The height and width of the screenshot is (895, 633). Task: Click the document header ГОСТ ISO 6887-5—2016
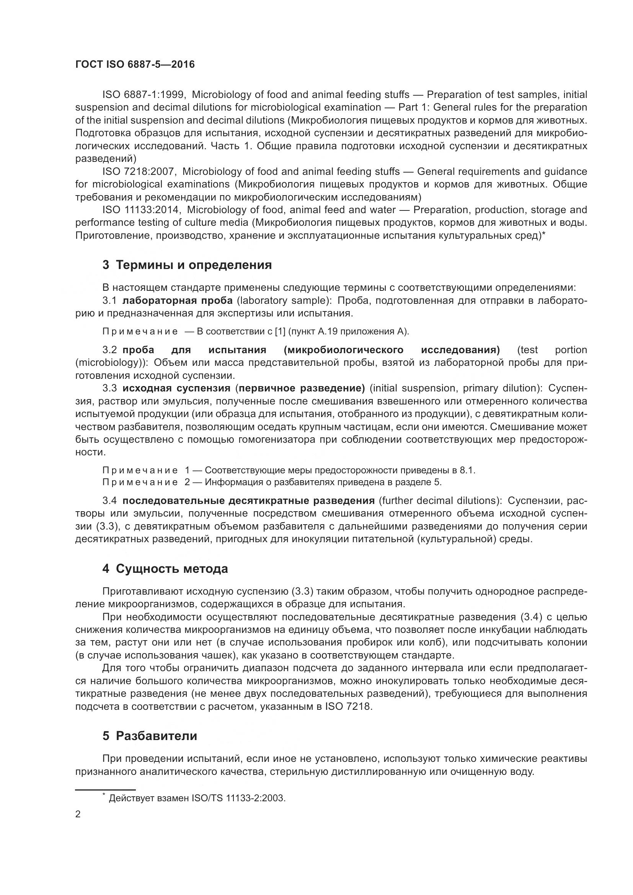pyautogui.click(x=135, y=64)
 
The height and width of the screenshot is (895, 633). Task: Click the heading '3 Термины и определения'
pyautogui.click(x=187, y=265)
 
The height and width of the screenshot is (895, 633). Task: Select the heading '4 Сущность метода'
pyautogui.click(x=165, y=569)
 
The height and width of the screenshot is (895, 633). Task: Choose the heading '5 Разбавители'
pyautogui.click(x=150, y=735)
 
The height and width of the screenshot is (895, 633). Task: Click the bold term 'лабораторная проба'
pyautogui.click(x=177, y=300)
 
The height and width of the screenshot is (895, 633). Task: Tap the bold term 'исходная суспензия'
pyautogui.click(x=176, y=388)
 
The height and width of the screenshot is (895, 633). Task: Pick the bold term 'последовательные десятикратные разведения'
pyautogui.click(x=248, y=500)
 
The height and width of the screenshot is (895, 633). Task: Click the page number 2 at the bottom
pyautogui.click(x=78, y=814)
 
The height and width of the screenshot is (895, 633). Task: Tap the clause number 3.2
pyautogui.click(x=110, y=350)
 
